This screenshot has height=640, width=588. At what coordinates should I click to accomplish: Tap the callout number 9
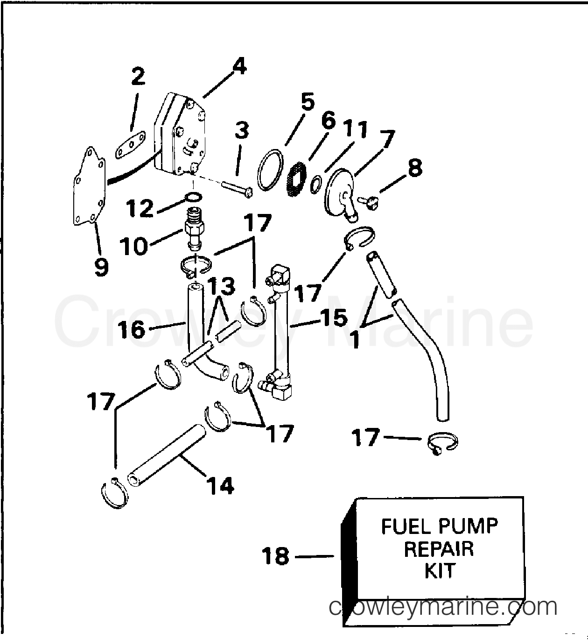[101, 267]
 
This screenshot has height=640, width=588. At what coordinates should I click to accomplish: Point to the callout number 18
[276, 557]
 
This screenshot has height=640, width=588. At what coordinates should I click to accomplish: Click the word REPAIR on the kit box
[439, 549]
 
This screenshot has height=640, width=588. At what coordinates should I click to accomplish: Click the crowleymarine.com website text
[443, 607]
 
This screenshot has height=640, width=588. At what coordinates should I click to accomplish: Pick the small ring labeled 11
[316, 183]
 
